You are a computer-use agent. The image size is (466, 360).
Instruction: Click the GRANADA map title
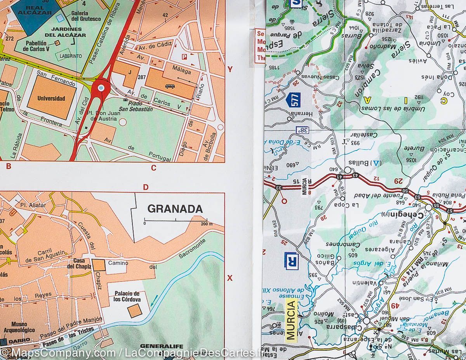pyautogui.click(x=175, y=209)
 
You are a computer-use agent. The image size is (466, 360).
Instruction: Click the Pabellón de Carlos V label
pyautogui.click(x=39, y=46)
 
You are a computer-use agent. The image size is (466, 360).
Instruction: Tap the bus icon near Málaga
pyautogui.click(x=170, y=86)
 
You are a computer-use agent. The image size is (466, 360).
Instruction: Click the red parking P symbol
pyautogui.click(x=184, y=57)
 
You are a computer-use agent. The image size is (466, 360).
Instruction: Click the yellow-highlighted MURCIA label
pyautogui.click(x=291, y=319)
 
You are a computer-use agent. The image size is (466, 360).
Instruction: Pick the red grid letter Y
pyautogui.click(x=230, y=69)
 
